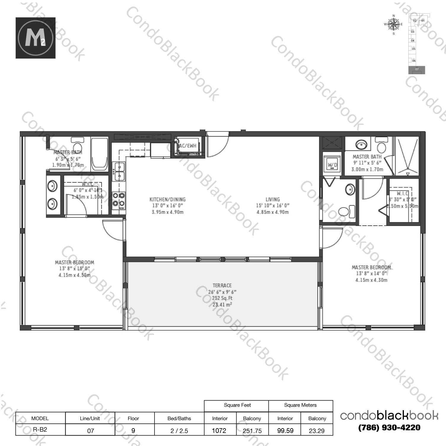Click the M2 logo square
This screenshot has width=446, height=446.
pyautogui.click(x=35, y=38)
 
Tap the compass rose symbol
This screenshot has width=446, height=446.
pyautogui.click(x=394, y=24)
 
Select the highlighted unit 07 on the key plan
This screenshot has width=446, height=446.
pyautogui.click(x=417, y=69)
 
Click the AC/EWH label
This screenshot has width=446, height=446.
pyautogui.click(x=187, y=146)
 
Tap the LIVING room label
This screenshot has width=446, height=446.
pyautogui.click(x=272, y=200)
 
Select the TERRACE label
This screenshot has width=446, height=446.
pyautogui.click(x=222, y=285)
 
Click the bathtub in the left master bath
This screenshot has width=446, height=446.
pyautogui.click(x=99, y=154)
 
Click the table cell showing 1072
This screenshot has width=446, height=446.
pyautogui.click(x=219, y=431)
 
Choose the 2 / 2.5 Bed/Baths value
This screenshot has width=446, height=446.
pyautogui.click(x=179, y=431)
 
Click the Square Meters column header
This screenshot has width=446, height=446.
pyautogui.click(x=300, y=405)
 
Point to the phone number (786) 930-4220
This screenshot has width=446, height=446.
pyautogui.click(x=389, y=428)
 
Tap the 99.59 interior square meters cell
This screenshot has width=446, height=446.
pyautogui.click(x=285, y=431)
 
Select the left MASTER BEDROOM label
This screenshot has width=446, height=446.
pyautogui.click(x=74, y=262)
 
